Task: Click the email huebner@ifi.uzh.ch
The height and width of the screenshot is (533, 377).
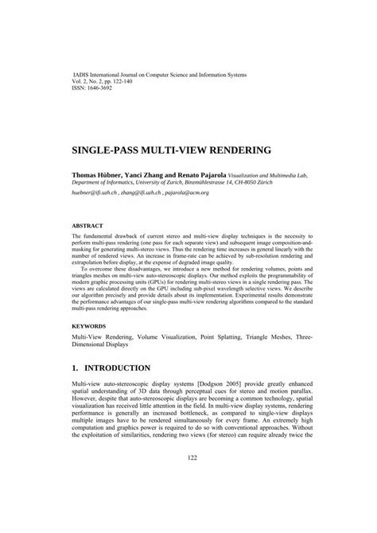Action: (x=95, y=194)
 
